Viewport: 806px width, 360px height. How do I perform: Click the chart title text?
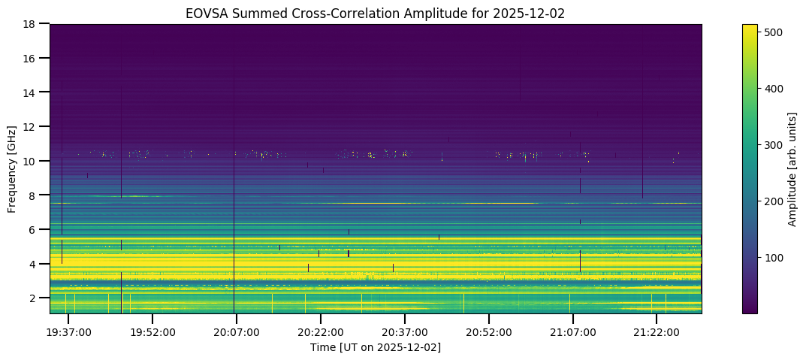click(x=376, y=13)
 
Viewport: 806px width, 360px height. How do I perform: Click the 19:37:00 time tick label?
click(x=69, y=332)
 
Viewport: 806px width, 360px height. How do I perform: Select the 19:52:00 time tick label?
click(x=153, y=332)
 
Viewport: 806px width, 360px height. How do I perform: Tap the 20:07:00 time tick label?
click(x=237, y=332)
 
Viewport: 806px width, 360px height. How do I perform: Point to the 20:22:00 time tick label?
click(x=321, y=332)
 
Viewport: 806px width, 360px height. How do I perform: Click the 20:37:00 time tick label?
click(x=405, y=332)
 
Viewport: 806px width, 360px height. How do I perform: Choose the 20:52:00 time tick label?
click(x=489, y=332)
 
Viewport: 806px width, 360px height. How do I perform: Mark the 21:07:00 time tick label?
click(x=573, y=332)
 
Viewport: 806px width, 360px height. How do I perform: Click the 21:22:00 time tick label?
click(x=657, y=332)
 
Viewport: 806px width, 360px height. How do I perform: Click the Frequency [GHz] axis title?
click(x=12, y=168)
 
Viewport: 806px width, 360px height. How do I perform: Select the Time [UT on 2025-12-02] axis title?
click(x=376, y=347)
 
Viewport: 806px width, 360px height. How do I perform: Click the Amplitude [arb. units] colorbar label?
click(x=792, y=168)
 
